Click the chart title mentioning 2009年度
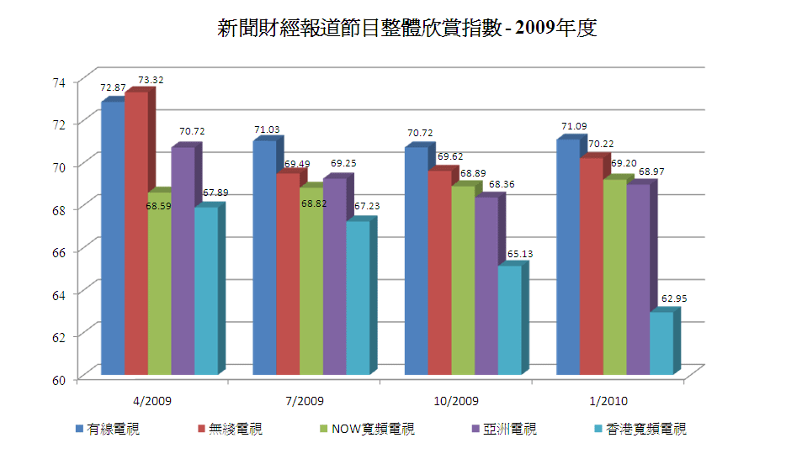[x=406, y=29]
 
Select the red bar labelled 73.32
[x=136, y=235]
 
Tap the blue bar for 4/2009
[x=113, y=240]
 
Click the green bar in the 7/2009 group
[x=311, y=282]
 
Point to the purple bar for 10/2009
[x=486, y=286]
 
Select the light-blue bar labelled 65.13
[x=510, y=319]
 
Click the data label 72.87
[x=114, y=87]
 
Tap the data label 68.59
[x=159, y=205]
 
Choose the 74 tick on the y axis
[x=57, y=82]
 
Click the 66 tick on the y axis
[x=57, y=251]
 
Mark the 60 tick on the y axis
[x=57, y=379]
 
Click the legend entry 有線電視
[x=112, y=430]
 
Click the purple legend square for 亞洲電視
[x=478, y=430]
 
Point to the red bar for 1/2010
[x=592, y=266]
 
